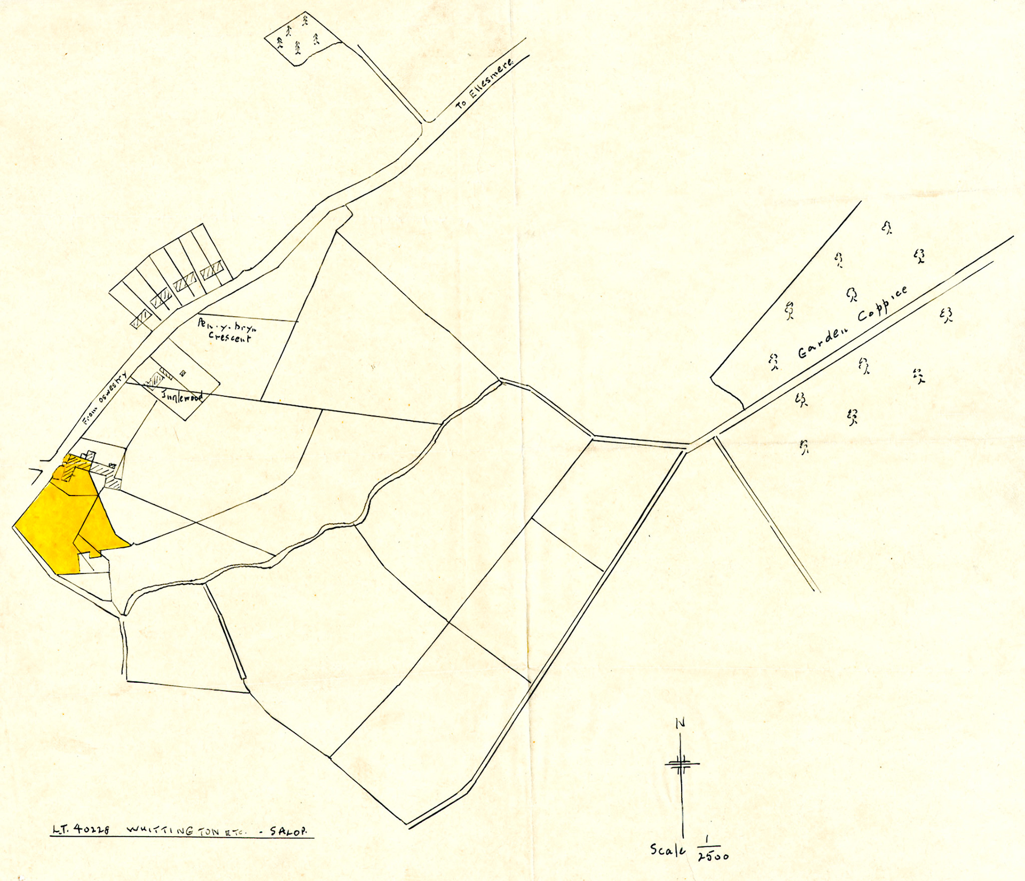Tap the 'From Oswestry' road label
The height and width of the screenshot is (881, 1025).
coord(105,398)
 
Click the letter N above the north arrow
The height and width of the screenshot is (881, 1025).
coord(680,723)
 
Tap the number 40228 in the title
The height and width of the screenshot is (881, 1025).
coord(92,830)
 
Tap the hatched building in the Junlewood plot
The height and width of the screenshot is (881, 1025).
coord(155,380)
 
